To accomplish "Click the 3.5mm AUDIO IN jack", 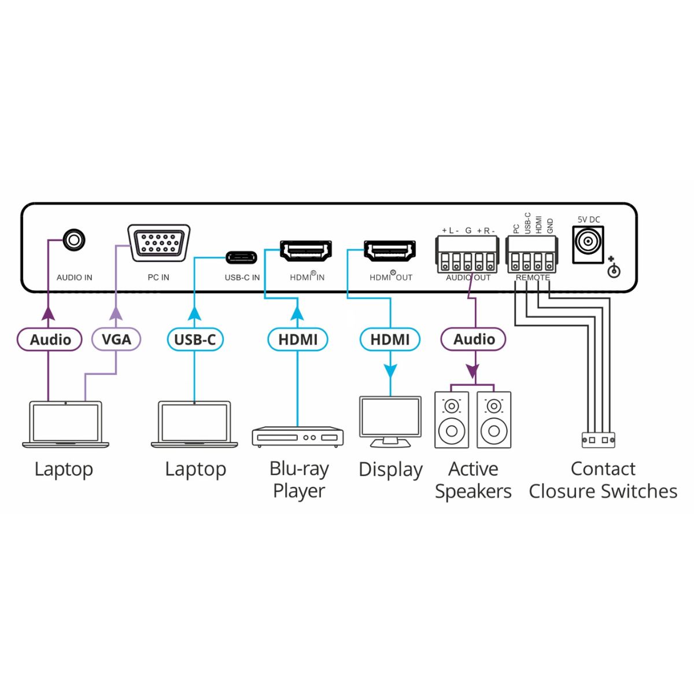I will (x=73, y=239).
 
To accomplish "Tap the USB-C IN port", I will (x=242, y=256).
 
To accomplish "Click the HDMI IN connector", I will (x=306, y=251).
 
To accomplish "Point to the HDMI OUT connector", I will (x=389, y=251).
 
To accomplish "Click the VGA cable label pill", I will (x=116, y=339).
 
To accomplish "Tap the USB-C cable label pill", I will (x=195, y=339).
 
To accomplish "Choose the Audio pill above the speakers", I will (x=474, y=339).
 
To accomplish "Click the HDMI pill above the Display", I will (x=390, y=339).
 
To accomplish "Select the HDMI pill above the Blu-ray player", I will (x=298, y=339).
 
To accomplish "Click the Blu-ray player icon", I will (x=298, y=437).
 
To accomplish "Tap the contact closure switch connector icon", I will (x=598, y=440).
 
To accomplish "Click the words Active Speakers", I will (x=473, y=480).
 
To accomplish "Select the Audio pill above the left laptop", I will (x=50, y=339).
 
